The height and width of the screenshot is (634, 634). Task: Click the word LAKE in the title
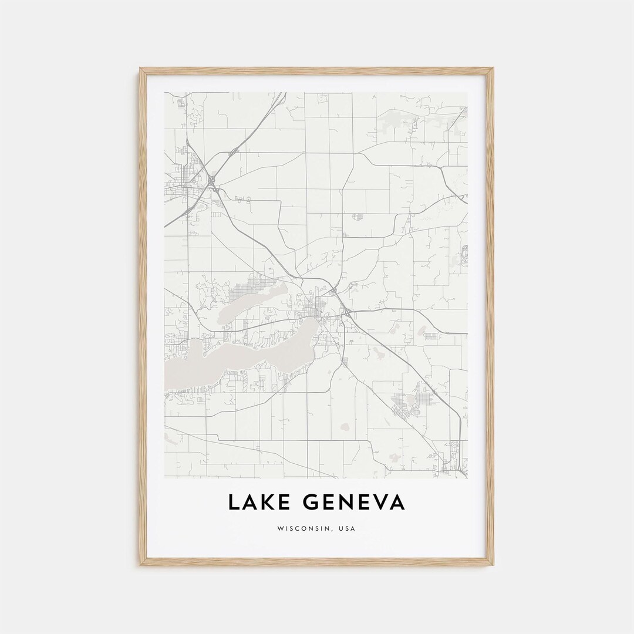258,503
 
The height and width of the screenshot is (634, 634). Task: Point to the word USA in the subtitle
346,528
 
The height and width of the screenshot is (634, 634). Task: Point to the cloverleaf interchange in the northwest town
212,180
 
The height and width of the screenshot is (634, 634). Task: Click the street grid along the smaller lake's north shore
247,289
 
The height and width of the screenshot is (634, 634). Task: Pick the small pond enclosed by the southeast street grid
411,400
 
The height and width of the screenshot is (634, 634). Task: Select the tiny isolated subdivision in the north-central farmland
356,217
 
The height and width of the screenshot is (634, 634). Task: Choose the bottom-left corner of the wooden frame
141,564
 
